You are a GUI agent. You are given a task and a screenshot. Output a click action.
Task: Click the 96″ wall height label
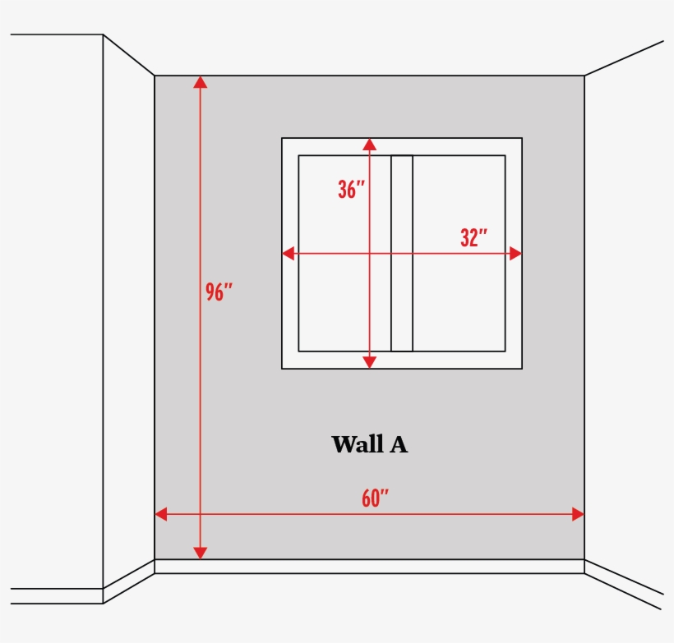tap(219, 292)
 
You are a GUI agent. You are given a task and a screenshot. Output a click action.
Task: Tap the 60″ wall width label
tap(375, 498)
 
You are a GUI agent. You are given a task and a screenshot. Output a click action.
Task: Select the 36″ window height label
tap(351, 190)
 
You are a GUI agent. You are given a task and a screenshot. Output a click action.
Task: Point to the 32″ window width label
tap(473, 237)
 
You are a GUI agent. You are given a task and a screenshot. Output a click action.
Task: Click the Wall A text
tap(370, 444)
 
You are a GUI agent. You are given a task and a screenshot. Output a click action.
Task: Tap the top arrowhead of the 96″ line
tap(201, 82)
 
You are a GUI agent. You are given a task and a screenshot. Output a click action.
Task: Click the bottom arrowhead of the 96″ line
tap(201, 553)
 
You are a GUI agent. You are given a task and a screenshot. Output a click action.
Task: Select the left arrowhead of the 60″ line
tap(161, 514)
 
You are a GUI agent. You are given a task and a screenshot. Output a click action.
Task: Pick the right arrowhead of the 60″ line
tap(578, 514)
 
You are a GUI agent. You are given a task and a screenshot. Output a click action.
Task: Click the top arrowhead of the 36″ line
tap(370, 145)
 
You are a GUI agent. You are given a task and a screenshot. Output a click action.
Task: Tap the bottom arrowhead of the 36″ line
tap(370, 362)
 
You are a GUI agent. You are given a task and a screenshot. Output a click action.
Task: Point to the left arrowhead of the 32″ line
tap(288, 254)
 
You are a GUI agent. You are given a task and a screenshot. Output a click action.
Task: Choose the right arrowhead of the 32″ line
tap(516, 254)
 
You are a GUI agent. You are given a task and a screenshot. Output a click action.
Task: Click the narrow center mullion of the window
tap(402, 254)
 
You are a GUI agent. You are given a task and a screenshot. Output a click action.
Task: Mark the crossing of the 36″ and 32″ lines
tap(370, 254)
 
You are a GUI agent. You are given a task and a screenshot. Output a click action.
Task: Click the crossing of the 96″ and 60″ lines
tap(201, 514)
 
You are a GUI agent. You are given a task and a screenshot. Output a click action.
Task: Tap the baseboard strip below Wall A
tap(370, 567)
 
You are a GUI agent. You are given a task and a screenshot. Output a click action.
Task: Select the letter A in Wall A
tap(399, 444)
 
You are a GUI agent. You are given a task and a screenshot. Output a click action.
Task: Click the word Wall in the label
tap(358, 444)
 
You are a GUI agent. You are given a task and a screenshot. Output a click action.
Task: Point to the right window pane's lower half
tap(459, 303)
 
